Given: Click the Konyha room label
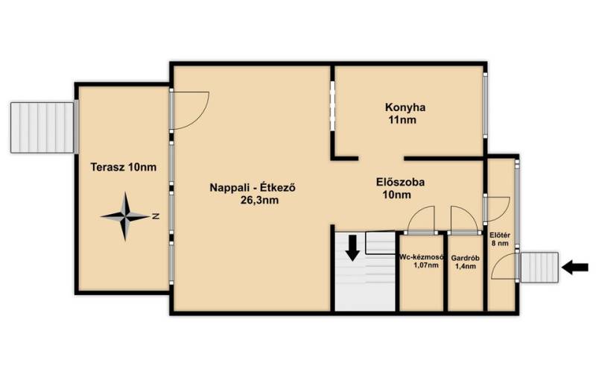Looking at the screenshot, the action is (x=405, y=107).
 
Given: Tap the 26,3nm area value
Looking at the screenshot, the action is (x=259, y=200).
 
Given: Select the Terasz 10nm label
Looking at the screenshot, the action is (x=124, y=167).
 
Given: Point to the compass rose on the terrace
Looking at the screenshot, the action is (x=124, y=216).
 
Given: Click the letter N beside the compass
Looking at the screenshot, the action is (x=156, y=216).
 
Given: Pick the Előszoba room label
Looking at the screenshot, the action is (x=400, y=182).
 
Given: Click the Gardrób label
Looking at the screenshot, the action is (x=465, y=258).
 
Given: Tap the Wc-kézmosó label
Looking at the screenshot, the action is (x=422, y=256).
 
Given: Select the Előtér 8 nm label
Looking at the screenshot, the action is (x=499, y=239).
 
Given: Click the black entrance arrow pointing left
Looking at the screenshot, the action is (x=574, y=267).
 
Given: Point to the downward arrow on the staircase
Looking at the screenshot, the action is (x=353, y=248).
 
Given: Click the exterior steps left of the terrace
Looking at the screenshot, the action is (x=42, y=127).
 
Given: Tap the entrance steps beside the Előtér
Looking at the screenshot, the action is (x=539, y=268).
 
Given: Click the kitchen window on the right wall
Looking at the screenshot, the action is (x=486, y=104).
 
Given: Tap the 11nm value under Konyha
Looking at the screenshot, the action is (x=402, y=120).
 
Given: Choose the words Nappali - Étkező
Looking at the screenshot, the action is (x=253, y=188).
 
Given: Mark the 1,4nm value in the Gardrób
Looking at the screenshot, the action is (x=466, y=266).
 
